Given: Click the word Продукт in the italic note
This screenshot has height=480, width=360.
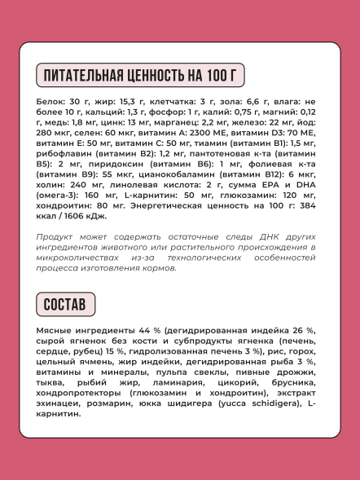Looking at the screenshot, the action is point(59,236).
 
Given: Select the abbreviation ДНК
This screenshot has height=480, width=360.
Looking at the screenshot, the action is point(244,236).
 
